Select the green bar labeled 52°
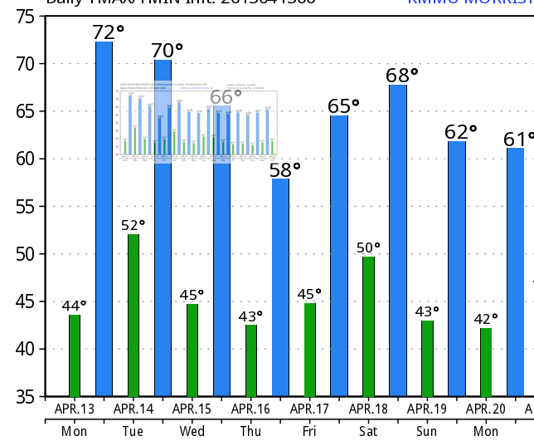tap(133, 316)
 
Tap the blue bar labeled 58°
tap(280, 287)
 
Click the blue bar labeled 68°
tap(398, 240)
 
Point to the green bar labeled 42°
tap(486, 362)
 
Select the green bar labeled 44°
tap(75, 355)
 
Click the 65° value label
tap(343, 106)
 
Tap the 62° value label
tap(461, 132)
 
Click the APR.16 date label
tap(250, 409)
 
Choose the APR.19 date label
tap(427, 409)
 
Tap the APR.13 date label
tap(75, 409)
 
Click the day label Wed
tap(192, 431)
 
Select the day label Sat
tap(368, 431)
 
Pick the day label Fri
tap(309, 431)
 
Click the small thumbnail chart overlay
tap(197, 123)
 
